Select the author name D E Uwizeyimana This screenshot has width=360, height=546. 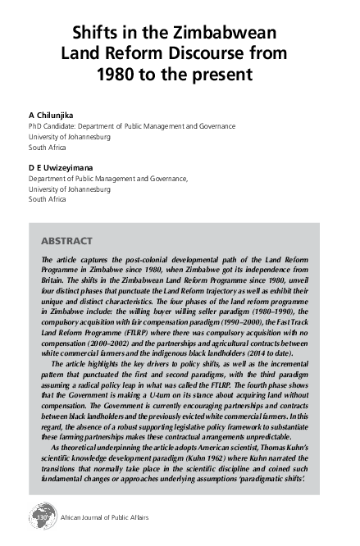(x=63, y=166)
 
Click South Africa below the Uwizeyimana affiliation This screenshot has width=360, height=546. (x=48, y=199)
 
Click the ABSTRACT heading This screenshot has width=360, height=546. (x=66, y=242)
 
